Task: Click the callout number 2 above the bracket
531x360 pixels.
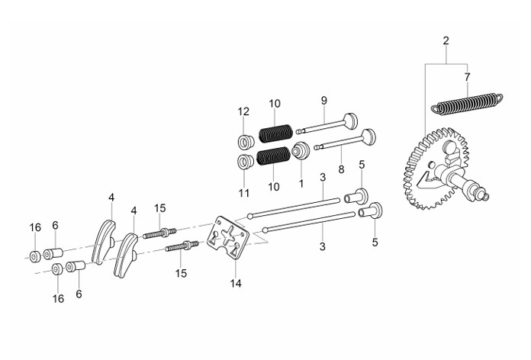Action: (x=446, y=41)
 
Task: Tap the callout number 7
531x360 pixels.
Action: (x=468, y=77)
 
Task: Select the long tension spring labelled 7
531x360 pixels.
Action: (x=467, y=104)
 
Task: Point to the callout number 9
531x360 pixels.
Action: (x=324, y=101)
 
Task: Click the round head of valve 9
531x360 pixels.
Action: (x=351, y=121)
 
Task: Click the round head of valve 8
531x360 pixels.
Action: (x=368, y=137)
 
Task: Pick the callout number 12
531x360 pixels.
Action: (x=243, y=111)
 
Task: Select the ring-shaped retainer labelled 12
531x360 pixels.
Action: (x=246, y=142)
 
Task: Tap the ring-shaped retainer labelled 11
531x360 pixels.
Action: (x=246, y=162)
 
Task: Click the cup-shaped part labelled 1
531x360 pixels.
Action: (x=301, y=150)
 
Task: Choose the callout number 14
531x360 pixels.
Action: (x=236, y=284)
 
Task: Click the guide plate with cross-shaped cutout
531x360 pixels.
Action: (x=228, y=237)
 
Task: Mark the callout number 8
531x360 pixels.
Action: (x=341, y=169)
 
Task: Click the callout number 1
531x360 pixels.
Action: (x=301, y=184)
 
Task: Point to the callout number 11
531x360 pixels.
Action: (x=244, y=193)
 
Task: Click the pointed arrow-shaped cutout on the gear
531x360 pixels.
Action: (x=427, y=180)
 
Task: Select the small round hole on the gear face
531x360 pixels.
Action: (x=431, y=165)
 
